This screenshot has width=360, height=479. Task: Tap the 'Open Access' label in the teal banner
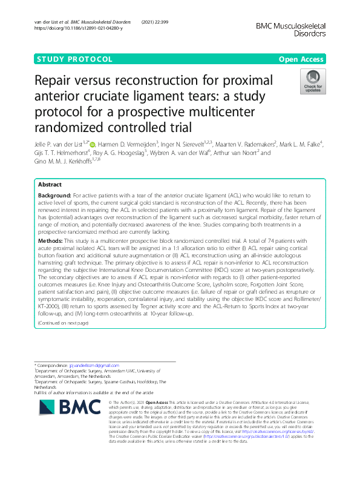pyautogui.click(x=301, y=59)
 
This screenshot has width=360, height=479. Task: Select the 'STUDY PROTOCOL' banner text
pyautogui.click(x=75, y=59)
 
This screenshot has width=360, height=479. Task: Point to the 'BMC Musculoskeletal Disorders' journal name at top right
pyautogui.click(x=291, y=30)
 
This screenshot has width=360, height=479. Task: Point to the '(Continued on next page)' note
pyautogui.click(x=63, y=322)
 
